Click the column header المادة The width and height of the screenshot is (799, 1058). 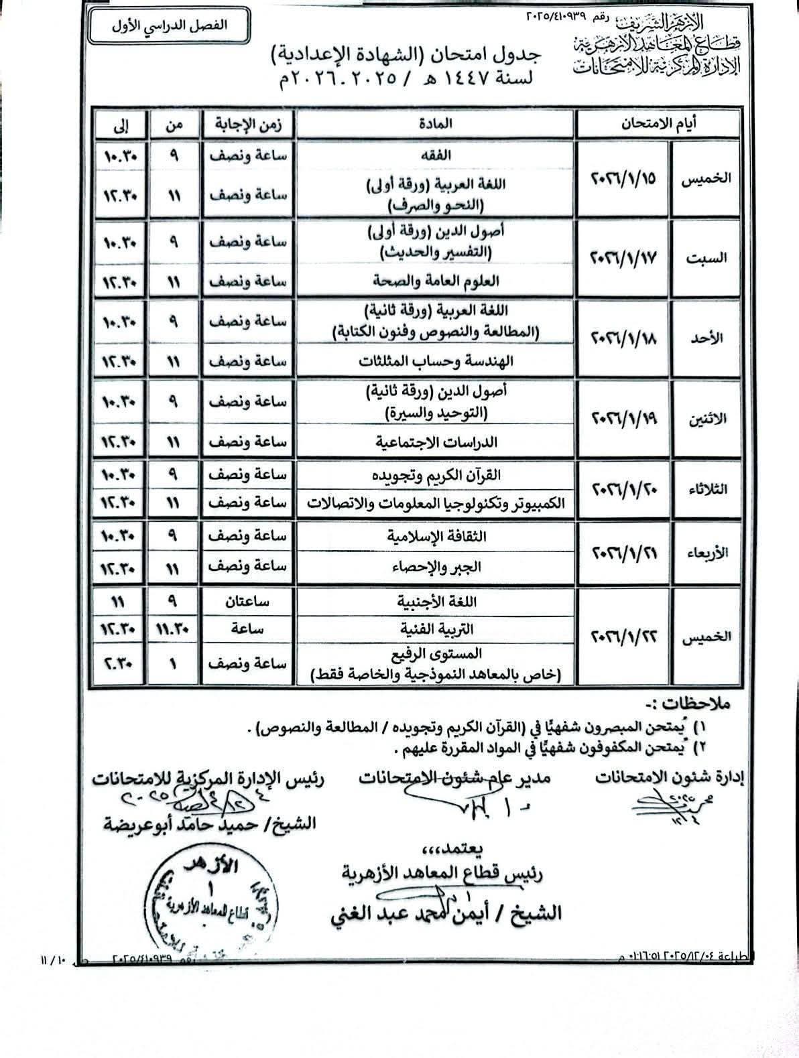[x=436, y=123]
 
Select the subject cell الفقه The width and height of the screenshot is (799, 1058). [x=436, y=154]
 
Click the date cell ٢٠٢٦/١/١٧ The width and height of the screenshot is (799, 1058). [x=624, y=257]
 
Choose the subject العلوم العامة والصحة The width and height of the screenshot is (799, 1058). [x=436, y=281]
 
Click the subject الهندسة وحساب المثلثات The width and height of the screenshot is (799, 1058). [x=436, y=361]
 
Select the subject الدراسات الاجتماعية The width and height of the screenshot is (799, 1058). [x=436, y=442]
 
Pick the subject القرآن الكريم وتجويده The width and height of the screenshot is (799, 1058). [x=436, y=475]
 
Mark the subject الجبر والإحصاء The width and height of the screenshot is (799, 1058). [x=436, y=568]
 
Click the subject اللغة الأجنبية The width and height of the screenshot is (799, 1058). [x=436, y=602]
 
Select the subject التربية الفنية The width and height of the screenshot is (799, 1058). [x=436, y=629]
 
